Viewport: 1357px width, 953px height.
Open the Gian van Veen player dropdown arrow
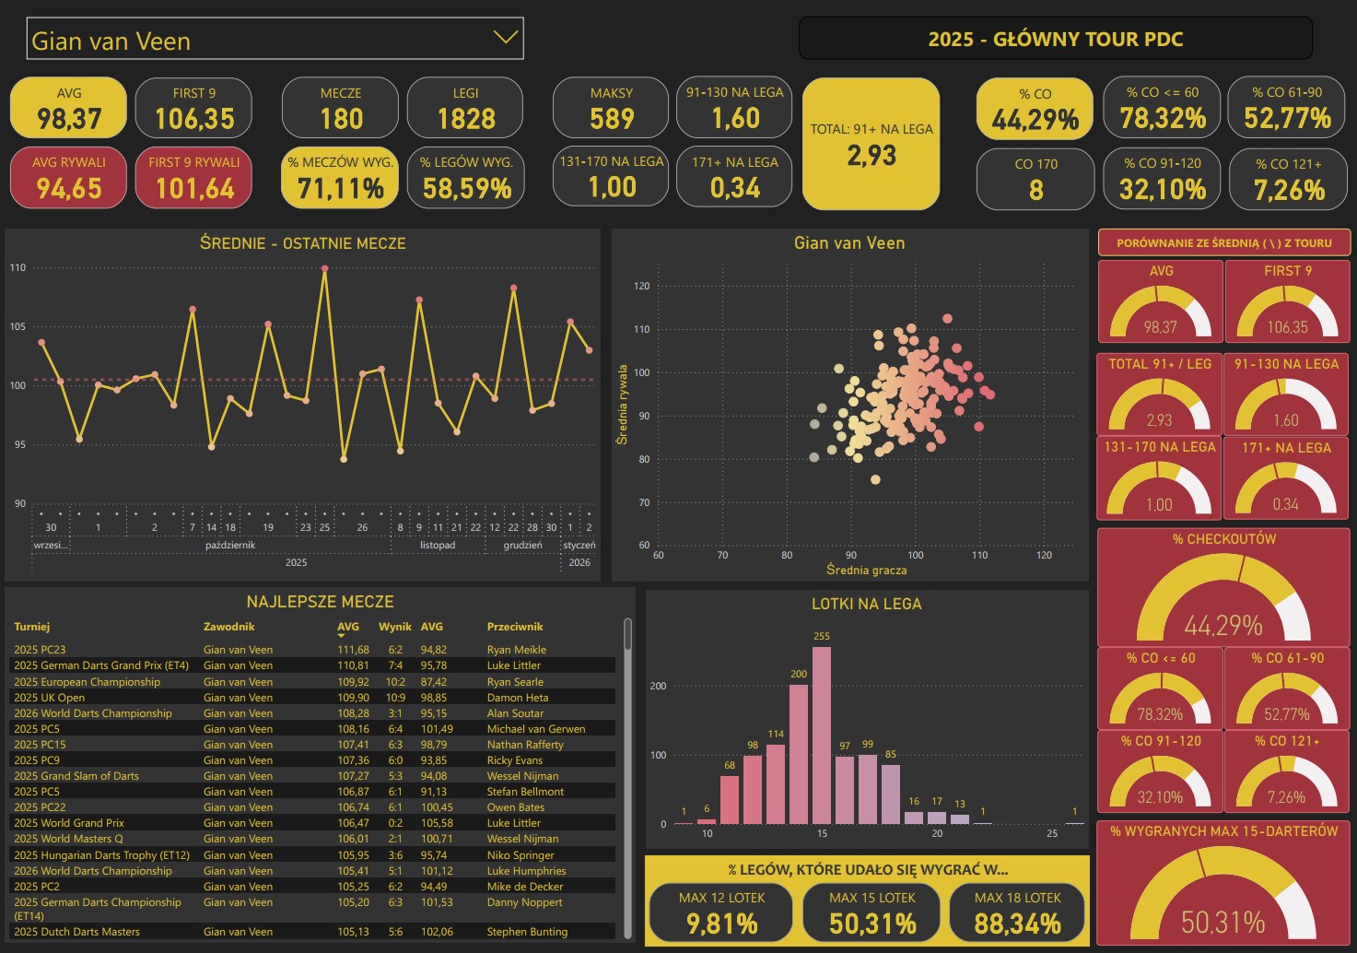pyautogui.click(x=505, y=38)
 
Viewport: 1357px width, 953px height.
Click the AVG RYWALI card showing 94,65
pyautogui.click(x=69, y=177)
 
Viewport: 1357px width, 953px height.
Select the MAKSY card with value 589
pyautogui.click(x=612, y=108)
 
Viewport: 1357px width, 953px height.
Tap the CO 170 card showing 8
pyautogui.click(x=1035, y=179)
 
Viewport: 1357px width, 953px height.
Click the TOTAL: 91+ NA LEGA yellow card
pyautogui.click(x=872, y=144)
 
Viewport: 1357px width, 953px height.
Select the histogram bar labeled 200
pyautogui.click(x=799, y=754)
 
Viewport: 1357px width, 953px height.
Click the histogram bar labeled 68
pyautogui.click(x=730, y=800)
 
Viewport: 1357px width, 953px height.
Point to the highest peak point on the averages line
pyautogui.click(x=324, y=268)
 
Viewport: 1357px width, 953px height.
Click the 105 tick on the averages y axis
pyautogui.click(x=18, y=327)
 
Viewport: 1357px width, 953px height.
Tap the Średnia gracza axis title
pyautogui.click(x=866, y=571)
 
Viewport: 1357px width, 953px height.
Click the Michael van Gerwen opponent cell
pyautogui.click(x=536, y=729)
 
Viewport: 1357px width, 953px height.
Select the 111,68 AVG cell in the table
pyautogui.click(x=353, y=650)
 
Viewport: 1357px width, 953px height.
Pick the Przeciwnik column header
pyautogui.click(x=515, y=627)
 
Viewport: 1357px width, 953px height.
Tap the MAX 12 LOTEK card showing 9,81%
pyautogui.click(x=721, y=912)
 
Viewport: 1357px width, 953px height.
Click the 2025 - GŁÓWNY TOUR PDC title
pyautogui.click(x=1055, y=39)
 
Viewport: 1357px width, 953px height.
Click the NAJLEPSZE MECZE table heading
pyautogui.click(x=320, y=602)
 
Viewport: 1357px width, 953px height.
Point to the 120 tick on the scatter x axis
pyautogui.click(x=1044, y=556)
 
